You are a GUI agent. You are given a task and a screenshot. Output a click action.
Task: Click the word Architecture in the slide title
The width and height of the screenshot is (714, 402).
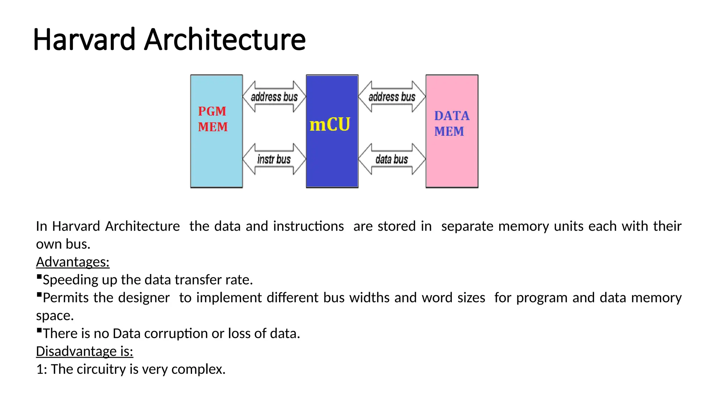(x=225, y=39)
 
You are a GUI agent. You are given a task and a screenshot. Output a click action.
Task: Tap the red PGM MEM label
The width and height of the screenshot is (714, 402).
(x=213, y=119)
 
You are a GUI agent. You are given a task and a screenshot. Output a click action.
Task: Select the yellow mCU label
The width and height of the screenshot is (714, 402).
(x=330, y=125)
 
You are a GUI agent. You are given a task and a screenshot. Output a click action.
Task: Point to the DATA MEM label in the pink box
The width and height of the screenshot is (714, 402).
(x=451, y=124)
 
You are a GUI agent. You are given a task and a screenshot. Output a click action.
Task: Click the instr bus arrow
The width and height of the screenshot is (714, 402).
(x=274, y=159)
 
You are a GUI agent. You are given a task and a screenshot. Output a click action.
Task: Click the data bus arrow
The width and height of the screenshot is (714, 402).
(x=392, y=159)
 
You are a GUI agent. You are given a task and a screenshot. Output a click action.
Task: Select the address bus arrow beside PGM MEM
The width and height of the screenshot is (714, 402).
(x=274, y=97)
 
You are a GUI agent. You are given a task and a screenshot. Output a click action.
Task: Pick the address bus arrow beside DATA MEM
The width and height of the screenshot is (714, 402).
(x=392, y=97)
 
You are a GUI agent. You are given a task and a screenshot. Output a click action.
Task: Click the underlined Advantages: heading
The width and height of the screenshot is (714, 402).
(x=73, y=262)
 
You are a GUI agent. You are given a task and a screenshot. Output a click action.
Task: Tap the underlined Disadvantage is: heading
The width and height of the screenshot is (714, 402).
(x=84, y=351)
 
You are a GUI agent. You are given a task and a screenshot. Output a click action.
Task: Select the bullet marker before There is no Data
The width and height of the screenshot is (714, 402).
(x=39, y=330)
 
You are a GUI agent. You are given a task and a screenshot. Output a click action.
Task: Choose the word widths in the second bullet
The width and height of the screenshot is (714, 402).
(x=369, y=298)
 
